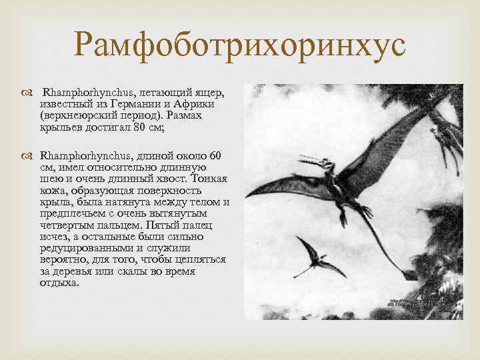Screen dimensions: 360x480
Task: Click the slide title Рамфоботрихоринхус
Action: [239, 45]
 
